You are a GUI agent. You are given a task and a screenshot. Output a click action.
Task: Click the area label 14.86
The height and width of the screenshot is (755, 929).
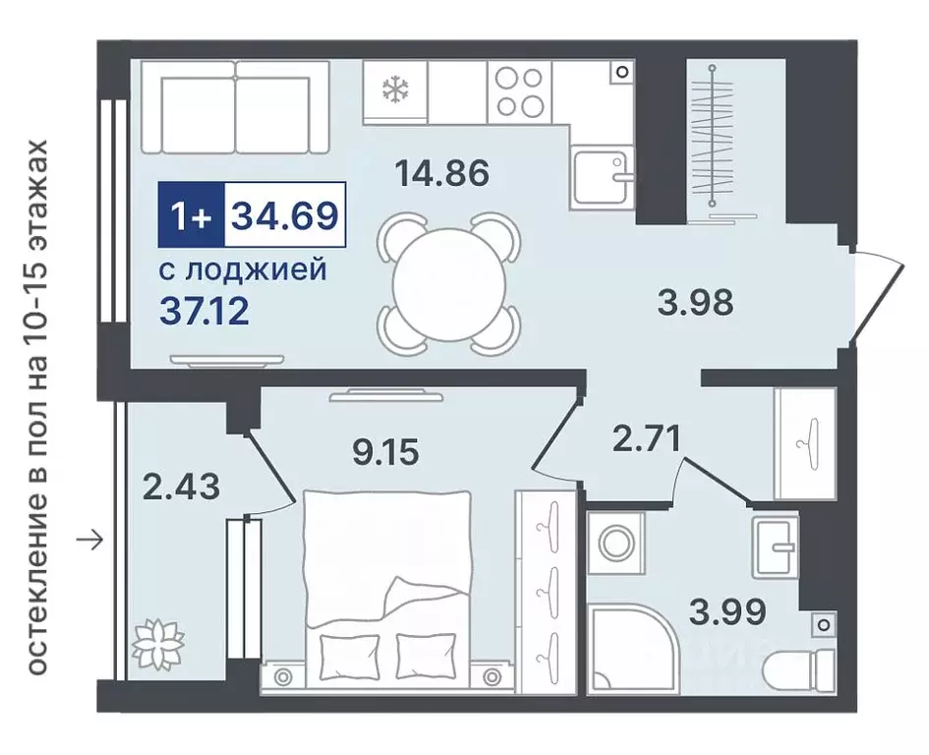[x=441, y=174]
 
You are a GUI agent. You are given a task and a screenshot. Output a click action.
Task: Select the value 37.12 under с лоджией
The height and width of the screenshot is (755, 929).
[x=203, y=313]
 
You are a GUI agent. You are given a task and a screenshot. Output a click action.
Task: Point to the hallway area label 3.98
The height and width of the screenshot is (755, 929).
[x=695, y=302]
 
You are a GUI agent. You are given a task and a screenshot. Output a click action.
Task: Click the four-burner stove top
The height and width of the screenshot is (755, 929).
[x=518, y=92]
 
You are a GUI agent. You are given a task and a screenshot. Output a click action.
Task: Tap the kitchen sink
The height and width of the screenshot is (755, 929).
[x=602, y=177]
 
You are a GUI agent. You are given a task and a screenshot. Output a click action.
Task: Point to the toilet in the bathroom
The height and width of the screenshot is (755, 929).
[x=798, y=668]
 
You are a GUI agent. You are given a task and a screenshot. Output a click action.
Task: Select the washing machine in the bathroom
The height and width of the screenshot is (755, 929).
[x=617, y=544]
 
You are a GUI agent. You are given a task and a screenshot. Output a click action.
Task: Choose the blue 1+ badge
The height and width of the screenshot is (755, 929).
[x=191, y=213]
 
